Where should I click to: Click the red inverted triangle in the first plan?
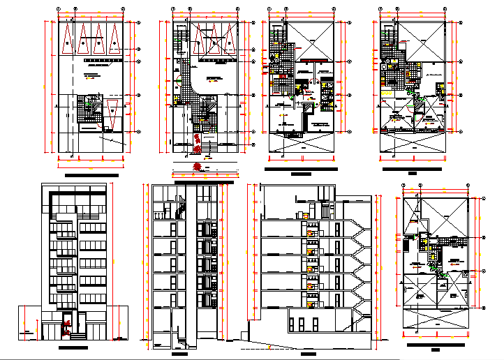click(x=112, y=112)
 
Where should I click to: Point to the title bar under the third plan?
click(x=301, y=171)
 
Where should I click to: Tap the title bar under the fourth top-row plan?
click(x=413, y=170)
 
